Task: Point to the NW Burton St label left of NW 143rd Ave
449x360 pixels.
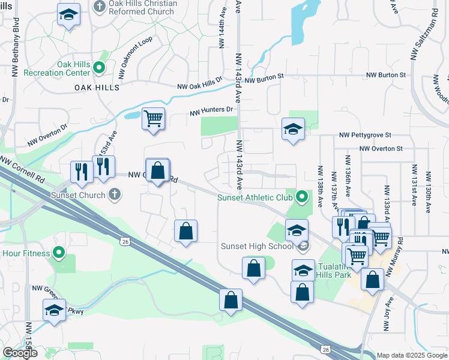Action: pyautogui.click(x=264, y=79)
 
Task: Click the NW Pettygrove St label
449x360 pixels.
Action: pyautogui.click(x=365, y=135)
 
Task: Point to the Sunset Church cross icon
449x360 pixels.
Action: pyautogui.click(x=115, y=194)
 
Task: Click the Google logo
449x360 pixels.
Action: pyautogui.click(x=19, y=353)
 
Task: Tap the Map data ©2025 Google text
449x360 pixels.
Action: pyautogui.click(x=412, y=355)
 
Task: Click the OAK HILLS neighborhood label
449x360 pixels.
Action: pyautogui.click(x=97, y=87)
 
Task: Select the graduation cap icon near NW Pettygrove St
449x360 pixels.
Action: pyautogui.click(x=293, y=129)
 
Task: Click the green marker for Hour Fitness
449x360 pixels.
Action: pyautogui.click(x=59, y=253)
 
